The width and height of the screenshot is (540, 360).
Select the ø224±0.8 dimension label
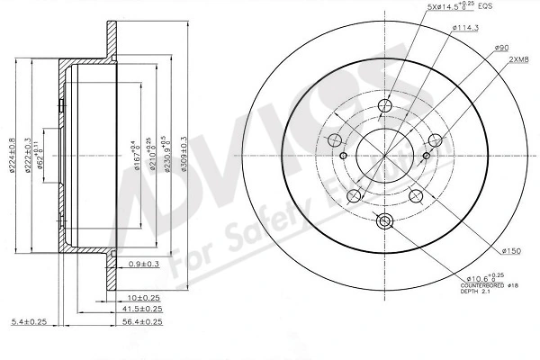(12, 154)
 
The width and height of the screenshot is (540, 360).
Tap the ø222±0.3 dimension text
(28, 154)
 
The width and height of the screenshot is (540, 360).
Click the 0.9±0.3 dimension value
(145, 263)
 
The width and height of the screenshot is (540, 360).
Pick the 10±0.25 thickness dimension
(144, 296)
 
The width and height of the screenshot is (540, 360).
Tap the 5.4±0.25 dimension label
(28, 321)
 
